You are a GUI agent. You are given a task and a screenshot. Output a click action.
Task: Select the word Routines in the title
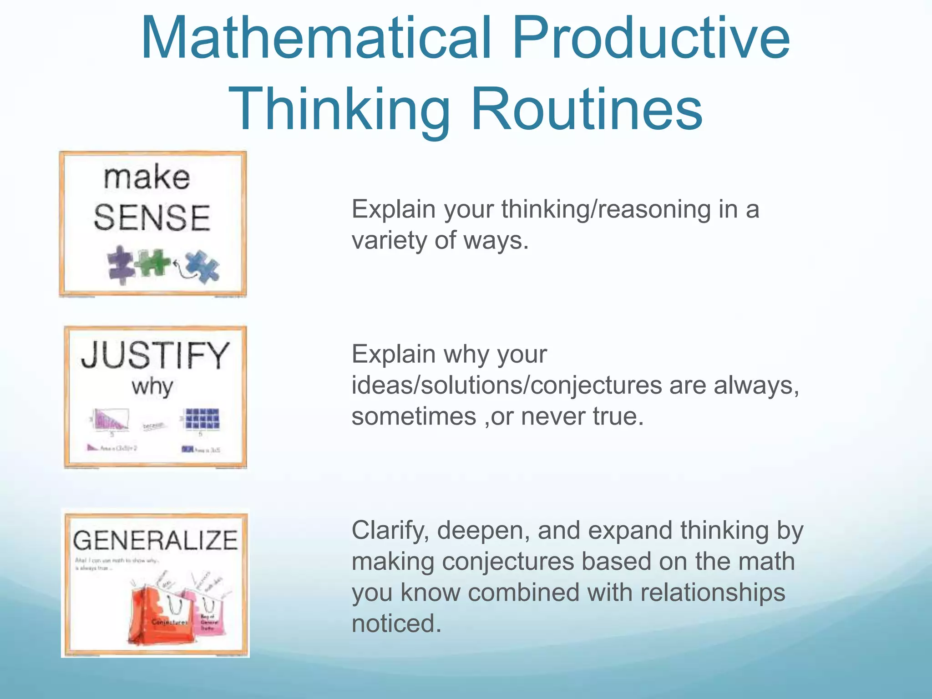[x=587, y=109]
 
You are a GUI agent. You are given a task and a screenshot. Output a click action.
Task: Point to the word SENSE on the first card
[x=152, y=218]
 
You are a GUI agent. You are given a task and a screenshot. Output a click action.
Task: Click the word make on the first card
[x=147, y=177]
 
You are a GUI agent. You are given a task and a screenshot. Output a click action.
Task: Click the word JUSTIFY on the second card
[x=155, y=355]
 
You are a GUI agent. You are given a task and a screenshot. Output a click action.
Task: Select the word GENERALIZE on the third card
[x=155, y=541]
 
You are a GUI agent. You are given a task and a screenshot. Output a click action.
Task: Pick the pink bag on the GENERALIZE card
[x=208, y=614]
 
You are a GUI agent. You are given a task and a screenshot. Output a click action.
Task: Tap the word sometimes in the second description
[x=413, y=416]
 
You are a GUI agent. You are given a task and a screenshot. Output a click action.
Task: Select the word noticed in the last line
[x=396, y=623]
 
